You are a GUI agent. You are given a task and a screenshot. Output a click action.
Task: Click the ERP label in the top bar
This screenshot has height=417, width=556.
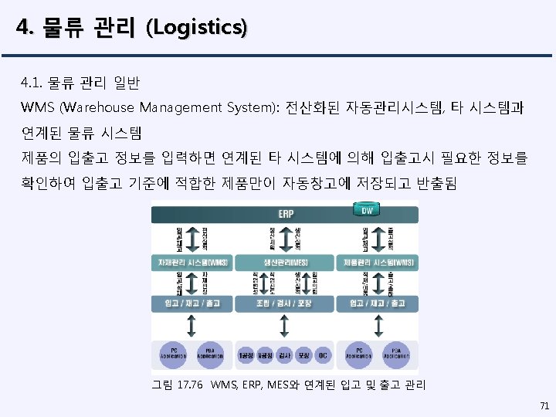pyautogui.click(x=285, y=213)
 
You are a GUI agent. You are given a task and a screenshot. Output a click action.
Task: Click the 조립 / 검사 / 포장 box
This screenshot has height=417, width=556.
pyautogui.click(x=285, y=303)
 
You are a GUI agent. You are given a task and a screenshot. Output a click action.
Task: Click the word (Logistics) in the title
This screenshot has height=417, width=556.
pyautogui.click(x=200, y=29)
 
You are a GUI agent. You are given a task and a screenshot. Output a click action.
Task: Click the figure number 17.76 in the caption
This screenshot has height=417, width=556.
pyautogui.click(x=189, y=384)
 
